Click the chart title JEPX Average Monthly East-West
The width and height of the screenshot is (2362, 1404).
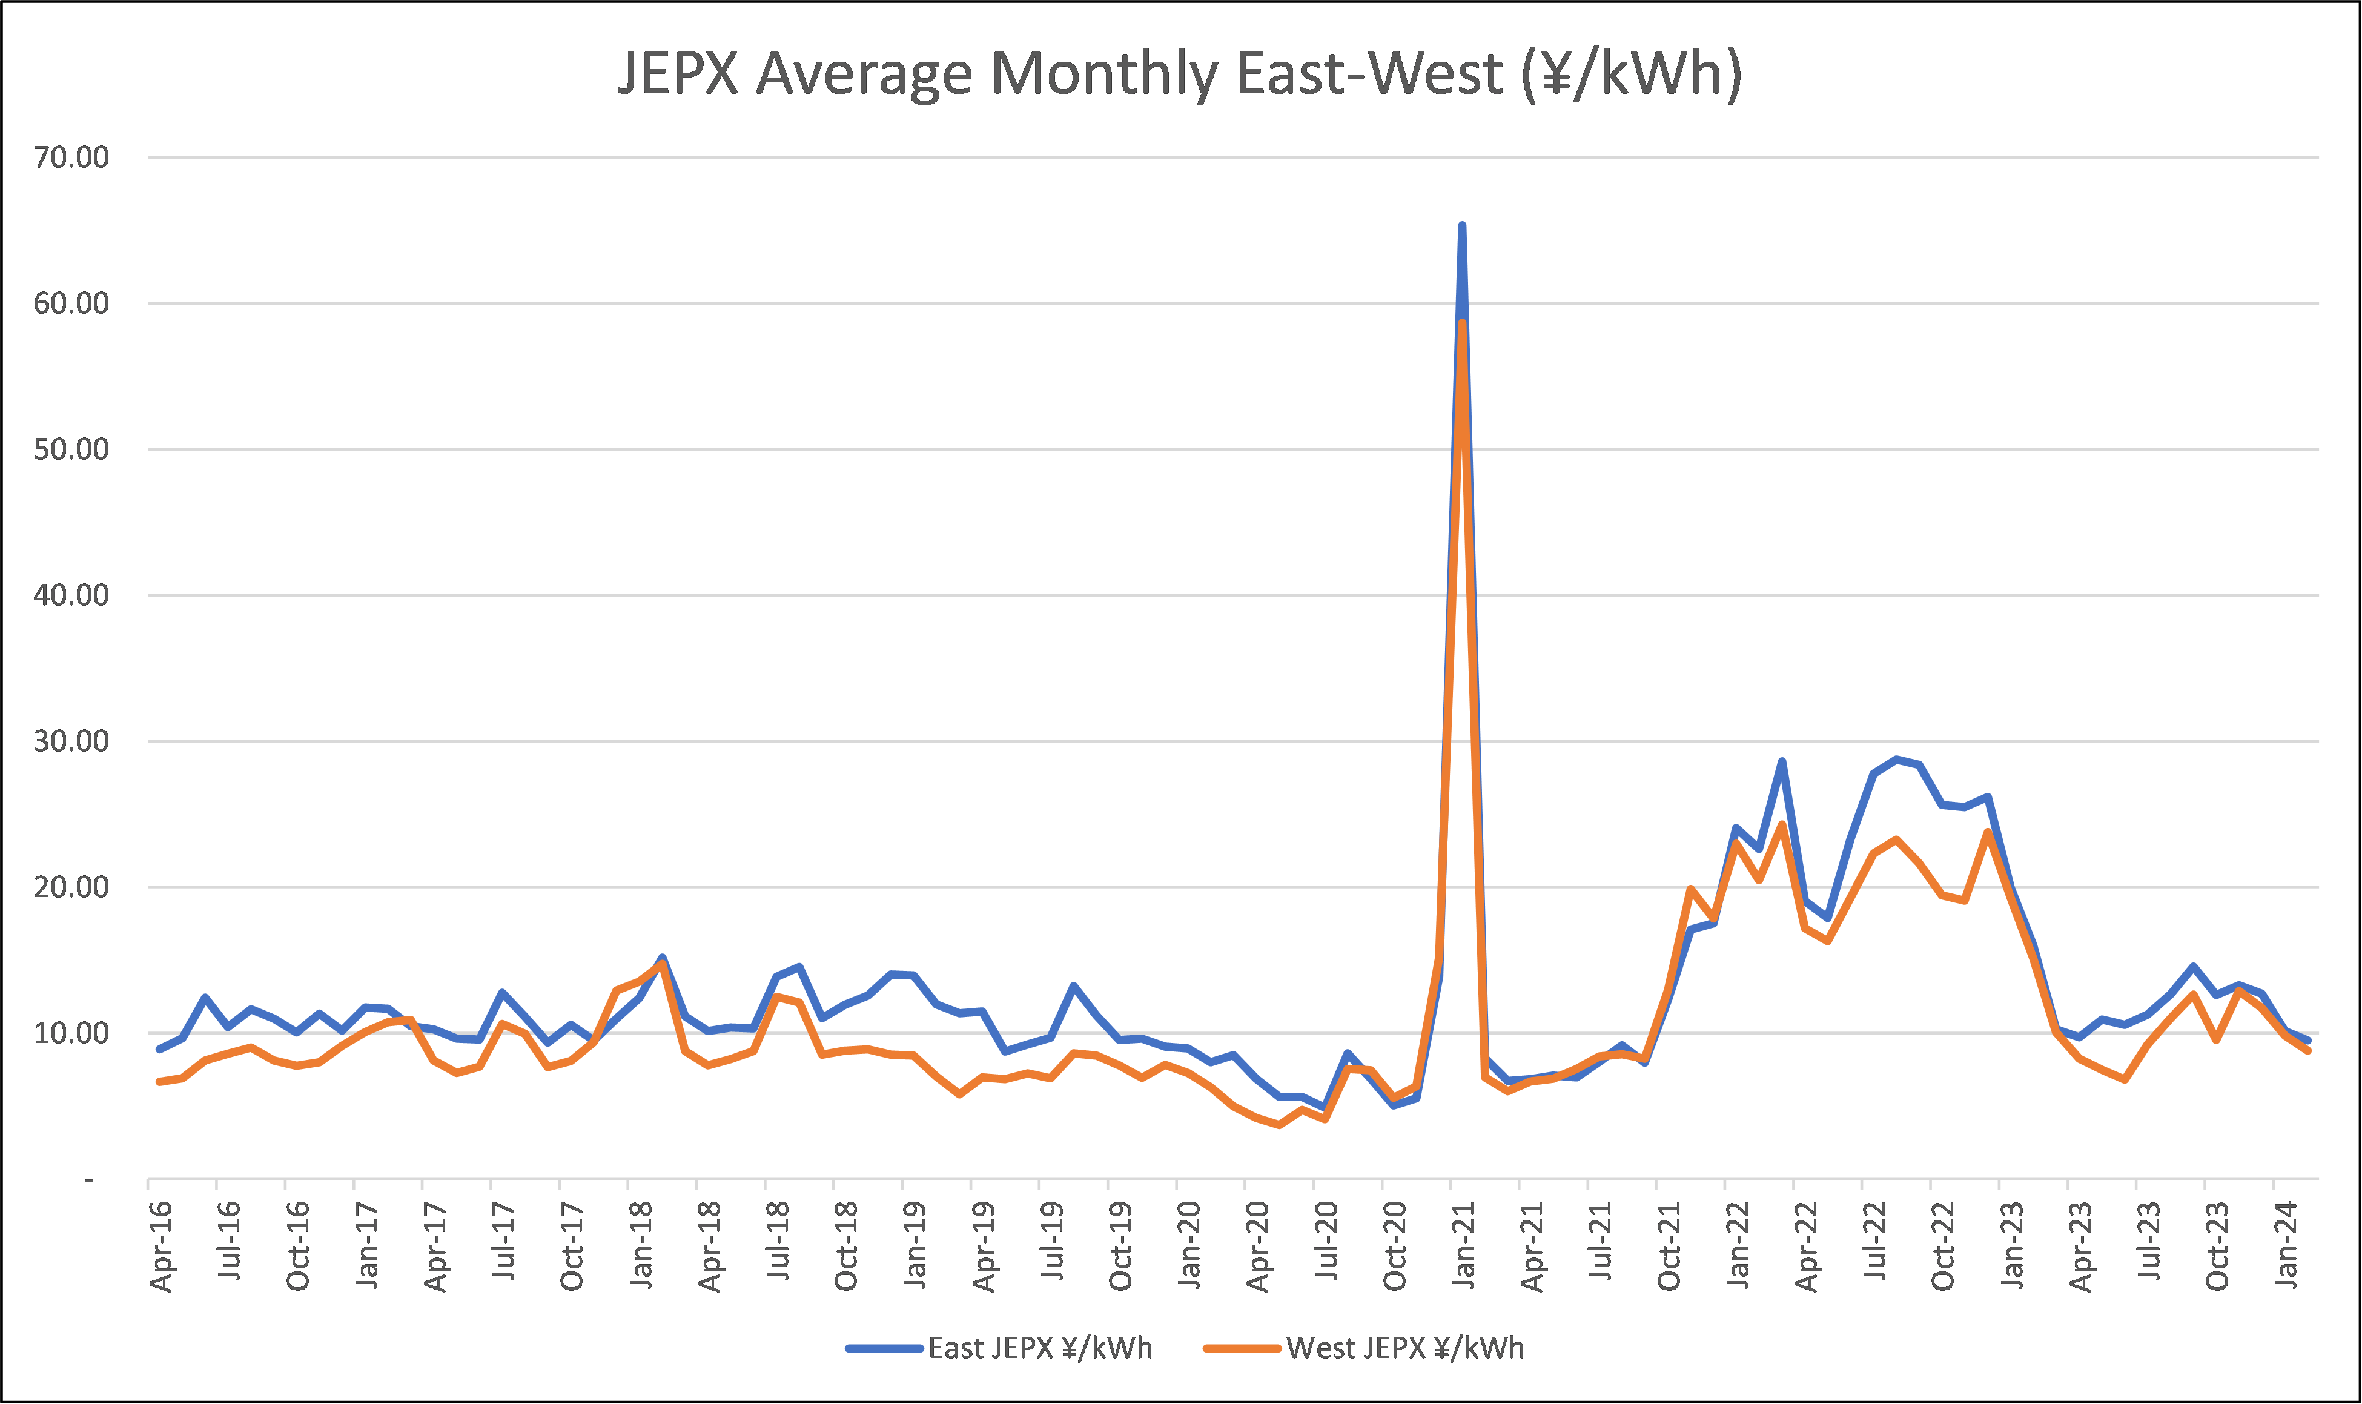tap(1179, 74)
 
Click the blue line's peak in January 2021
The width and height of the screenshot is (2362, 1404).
tap(1463, 226)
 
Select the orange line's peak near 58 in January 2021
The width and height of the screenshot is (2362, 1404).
tap(1463, 323)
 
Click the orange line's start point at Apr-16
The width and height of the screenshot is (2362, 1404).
tap(159, 1081)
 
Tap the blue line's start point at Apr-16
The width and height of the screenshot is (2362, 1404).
tap(159, 1049)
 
